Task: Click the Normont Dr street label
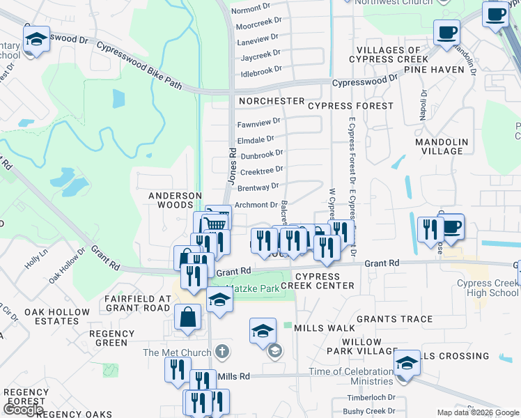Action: [x=250, y=9]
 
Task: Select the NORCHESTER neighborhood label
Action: [x=272, y=101]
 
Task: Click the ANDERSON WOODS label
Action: [x=175, y=201]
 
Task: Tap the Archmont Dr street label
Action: [x=256, y=205]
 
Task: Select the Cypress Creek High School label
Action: [x=488, y=288]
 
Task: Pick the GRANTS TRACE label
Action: [x=395, y=319]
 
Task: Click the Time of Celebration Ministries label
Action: [x=352, y=376]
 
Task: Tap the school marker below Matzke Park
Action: [x=219, y=301]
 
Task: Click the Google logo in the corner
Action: [x=24, y=410]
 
